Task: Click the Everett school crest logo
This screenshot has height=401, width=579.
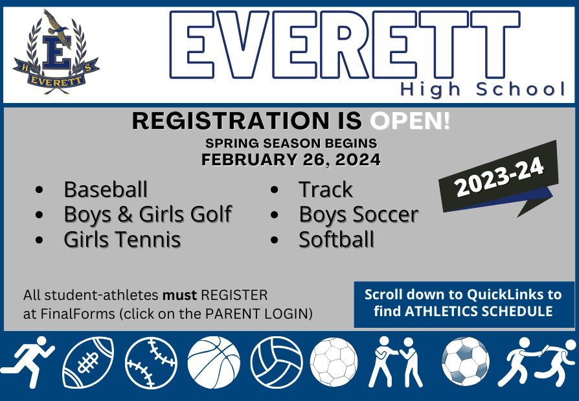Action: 56,52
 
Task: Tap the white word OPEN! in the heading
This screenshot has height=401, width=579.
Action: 410,120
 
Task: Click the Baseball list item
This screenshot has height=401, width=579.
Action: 106,189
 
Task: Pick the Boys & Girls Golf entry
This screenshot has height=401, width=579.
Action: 148,214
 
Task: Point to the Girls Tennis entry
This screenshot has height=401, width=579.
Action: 122,239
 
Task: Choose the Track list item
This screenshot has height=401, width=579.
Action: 326,189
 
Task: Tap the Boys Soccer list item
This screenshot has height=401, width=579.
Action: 359,214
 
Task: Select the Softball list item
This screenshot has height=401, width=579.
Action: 336,239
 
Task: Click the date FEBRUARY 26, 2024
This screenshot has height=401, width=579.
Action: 291,159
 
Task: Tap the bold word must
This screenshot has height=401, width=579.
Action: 180,295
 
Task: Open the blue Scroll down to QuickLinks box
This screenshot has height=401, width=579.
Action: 464,304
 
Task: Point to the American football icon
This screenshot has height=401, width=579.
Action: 88,362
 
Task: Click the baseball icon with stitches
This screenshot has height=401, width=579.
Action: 151,362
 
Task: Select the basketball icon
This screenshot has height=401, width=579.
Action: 214,362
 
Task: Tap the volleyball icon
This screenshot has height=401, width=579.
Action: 277,362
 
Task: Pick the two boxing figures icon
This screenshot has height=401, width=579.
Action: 396,361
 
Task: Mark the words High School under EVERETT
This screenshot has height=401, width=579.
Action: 483,90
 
